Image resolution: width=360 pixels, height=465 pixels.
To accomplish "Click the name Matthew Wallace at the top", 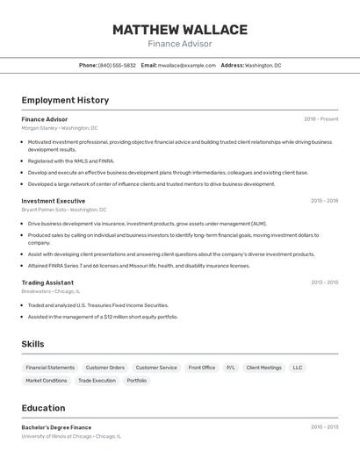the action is point(179,30).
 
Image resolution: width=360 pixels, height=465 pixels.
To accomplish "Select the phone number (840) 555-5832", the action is point(117,65).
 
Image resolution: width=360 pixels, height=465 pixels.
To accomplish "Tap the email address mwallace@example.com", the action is point(186,65).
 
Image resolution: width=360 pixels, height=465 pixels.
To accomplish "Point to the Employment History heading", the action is point(65,100).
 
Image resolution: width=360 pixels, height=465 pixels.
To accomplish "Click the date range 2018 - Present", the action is point(321,119).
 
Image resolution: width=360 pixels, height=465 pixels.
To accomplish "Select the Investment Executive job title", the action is point(54,201).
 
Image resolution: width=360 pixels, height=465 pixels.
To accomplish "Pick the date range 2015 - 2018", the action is point(324,201).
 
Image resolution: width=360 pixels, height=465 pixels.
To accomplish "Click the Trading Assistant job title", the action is point(47,283).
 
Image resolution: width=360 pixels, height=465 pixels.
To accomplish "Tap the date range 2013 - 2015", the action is point(324,283).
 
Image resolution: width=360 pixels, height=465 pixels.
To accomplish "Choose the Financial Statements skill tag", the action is point(50,368).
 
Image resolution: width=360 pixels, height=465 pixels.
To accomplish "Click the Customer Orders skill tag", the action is point(104,368).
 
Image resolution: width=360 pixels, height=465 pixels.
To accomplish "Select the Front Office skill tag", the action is point(202,368).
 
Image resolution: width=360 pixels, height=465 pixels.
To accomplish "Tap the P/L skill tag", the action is point(231,368).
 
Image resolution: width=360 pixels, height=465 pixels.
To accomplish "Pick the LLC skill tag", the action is point(298,368).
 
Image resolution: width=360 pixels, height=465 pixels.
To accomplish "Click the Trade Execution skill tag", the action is point(97,381).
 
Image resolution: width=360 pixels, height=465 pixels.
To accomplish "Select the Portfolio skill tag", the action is point(137,381).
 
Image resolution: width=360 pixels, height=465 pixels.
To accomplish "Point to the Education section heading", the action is point(43,408).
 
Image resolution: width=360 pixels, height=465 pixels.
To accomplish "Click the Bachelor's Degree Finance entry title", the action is point(56,427).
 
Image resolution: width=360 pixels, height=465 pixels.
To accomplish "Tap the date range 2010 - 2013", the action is point(324,427).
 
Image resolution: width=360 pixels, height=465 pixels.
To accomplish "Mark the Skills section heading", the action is point(32,344).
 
